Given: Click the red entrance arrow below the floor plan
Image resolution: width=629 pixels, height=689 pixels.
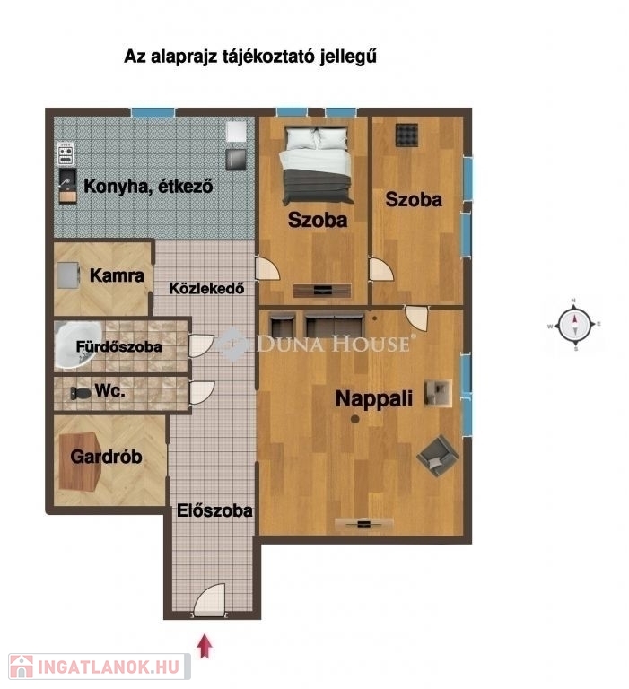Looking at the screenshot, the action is coord(205,646).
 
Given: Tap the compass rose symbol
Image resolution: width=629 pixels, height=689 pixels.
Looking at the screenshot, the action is coord(574,326).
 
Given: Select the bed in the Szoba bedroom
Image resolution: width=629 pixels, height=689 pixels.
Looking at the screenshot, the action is coord(317,165).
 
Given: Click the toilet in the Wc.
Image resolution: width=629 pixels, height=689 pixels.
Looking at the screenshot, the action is coord(81,393).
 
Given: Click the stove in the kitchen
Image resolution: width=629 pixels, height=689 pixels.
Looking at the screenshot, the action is coord(66,154).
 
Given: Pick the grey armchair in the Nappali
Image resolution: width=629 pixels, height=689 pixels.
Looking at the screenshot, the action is coord(437,455).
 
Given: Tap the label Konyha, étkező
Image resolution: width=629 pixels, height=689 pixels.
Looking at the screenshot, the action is coord(148,187).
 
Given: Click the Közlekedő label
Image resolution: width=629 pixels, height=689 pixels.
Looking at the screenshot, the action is coord(206,288).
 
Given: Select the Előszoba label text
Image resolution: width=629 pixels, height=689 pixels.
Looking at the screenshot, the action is coord(214,510).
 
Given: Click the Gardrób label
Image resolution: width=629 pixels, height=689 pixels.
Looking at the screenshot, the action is coord(106,457).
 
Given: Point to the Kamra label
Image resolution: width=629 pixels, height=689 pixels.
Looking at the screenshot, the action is coord(117,275).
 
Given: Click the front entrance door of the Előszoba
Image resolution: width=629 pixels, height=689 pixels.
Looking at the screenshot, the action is coord(209,598).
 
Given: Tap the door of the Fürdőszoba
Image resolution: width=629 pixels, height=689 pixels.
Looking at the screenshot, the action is coord(201,345).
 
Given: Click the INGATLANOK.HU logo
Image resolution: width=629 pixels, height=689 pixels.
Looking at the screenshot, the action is coord(100,667).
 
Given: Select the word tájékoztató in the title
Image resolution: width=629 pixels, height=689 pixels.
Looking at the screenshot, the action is coord(269,57).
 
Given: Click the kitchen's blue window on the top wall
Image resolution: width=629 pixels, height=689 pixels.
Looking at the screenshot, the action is coord(153,112).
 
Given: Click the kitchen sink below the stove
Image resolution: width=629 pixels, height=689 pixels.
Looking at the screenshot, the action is coord(67,185).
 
